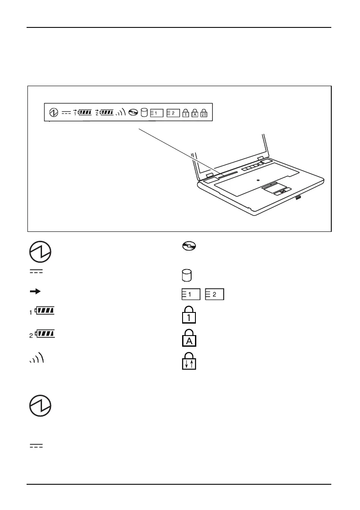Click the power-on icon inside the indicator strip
click(54, 113)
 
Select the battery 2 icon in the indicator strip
click(104, 112)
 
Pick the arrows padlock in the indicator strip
click(204, 113)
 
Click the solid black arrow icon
click(35, 291)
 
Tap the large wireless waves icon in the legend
click(37, 359)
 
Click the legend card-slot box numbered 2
click(215, 294)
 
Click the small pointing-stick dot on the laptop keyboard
click(258, 180)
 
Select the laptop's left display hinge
click(210, 175)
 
